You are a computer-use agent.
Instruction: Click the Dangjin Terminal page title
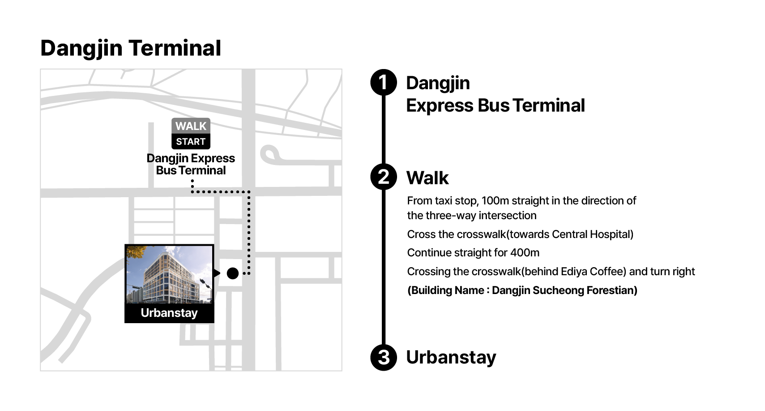pos(130,48)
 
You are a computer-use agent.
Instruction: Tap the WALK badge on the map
pos(191,126)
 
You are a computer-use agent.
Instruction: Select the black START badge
pos(191,142)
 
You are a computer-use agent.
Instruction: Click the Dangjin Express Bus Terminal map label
pos(191,164)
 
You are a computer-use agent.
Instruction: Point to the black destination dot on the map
pos(233,273)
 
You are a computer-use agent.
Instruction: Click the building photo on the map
pos(169,274)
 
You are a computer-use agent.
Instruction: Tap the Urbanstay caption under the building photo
pos(169,313)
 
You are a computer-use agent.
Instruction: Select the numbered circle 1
pos(384,82)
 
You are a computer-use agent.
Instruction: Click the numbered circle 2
pos(384,177)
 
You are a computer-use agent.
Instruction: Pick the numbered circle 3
pos(384,357)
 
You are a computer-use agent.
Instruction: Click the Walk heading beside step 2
pos(427,178)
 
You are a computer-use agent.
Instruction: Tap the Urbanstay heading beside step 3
pos(451,357)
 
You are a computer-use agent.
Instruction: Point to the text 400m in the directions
pos(525,253)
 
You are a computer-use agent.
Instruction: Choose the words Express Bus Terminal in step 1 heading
pos(495,106)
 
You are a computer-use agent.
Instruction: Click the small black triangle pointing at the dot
pos(217,273)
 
